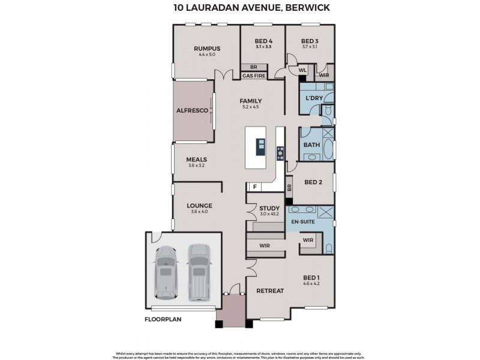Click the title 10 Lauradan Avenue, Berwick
click(240, 8)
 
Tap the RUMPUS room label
click(206, 48)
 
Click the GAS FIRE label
click(254, 76)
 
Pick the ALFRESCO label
click(192, 111)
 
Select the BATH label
click(311, 145)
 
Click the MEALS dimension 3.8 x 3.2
click(196, 166)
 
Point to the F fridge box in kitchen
click(254, 187)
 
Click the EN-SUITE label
click(303, 222)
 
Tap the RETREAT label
click(270, 291)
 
